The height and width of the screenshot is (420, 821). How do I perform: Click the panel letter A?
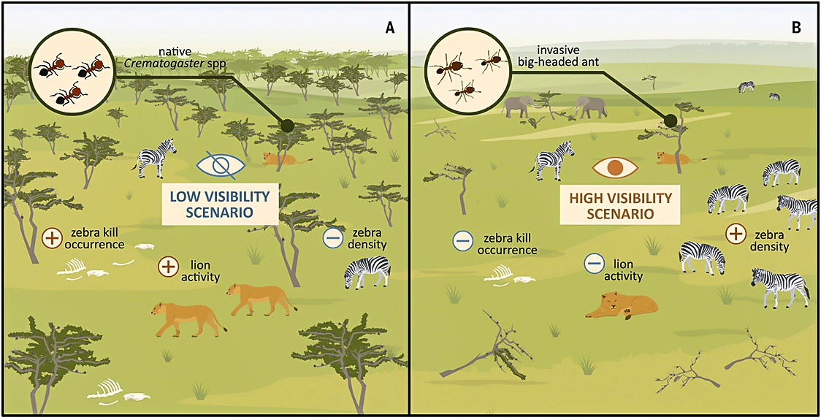pyautogui.click(x=389, y=28)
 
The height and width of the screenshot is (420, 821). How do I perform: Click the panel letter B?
pyautogui.click(x=796, y=28)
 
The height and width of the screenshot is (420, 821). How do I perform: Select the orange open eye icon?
pyautogui.click(x=615, y=167)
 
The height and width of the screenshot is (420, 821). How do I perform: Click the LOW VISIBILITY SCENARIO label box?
pyautogui.click(x=219, y=205)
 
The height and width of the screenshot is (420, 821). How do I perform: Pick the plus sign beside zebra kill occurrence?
pyautogui.click(x=52, y=238)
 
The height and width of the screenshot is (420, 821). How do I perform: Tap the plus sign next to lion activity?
pyautogui.click(x=168, y=267)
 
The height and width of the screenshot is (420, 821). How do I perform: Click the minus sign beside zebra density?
pyautogui.click(x=332, y=238)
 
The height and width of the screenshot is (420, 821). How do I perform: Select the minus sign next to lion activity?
pyautogui.click(x=593, y=264)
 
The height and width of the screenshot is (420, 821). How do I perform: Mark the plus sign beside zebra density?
pyautogui.click(x=736, y=234)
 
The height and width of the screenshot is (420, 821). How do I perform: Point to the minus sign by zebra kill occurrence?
pyautogui.click(x=462, y=241)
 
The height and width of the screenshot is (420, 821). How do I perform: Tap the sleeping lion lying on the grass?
pyautogui.click(x=622, y=305)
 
